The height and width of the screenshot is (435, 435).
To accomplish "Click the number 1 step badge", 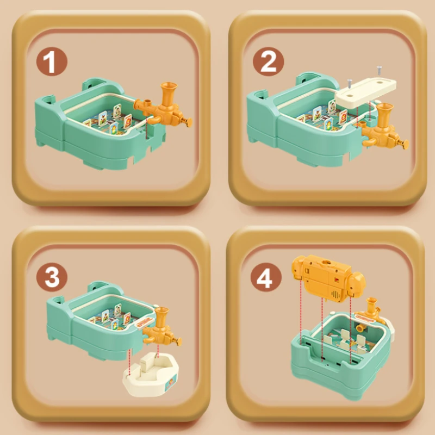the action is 52,61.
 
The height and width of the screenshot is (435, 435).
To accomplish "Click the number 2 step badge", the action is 268,61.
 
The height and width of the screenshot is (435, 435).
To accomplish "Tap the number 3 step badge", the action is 52,277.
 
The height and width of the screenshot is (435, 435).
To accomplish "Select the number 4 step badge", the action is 266,277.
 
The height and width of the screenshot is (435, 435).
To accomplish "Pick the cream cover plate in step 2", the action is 366,91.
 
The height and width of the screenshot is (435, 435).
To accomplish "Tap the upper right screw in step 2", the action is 379,70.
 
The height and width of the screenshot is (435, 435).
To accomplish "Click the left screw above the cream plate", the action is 350,84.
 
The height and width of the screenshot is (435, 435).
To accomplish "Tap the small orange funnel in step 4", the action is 371,306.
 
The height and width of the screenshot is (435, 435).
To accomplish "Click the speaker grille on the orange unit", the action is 336,295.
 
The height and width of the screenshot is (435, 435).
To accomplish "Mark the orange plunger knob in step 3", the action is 177,341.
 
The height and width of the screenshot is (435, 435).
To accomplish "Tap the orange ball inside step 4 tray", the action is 361,328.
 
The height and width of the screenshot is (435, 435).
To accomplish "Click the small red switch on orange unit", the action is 337,279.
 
